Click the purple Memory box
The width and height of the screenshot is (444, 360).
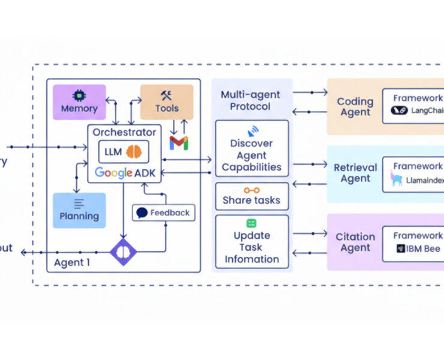[79, 102]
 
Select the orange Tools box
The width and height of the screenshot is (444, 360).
[167, 102]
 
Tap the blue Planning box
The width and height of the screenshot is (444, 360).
[79, 210]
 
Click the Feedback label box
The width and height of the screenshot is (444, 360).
[163, 212]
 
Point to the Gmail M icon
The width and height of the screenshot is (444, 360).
[179, 143]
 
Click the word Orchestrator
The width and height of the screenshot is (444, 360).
[124, 131]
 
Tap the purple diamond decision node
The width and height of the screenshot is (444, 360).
[123, 251]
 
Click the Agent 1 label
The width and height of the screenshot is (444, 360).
[73, 263]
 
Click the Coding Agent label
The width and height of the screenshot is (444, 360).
[355, 107]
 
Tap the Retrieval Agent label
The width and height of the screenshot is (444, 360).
[355, 173]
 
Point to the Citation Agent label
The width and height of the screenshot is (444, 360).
[355, 242]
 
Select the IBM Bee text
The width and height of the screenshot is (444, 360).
[424, 248]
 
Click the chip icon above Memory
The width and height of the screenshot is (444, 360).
[79, 95]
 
